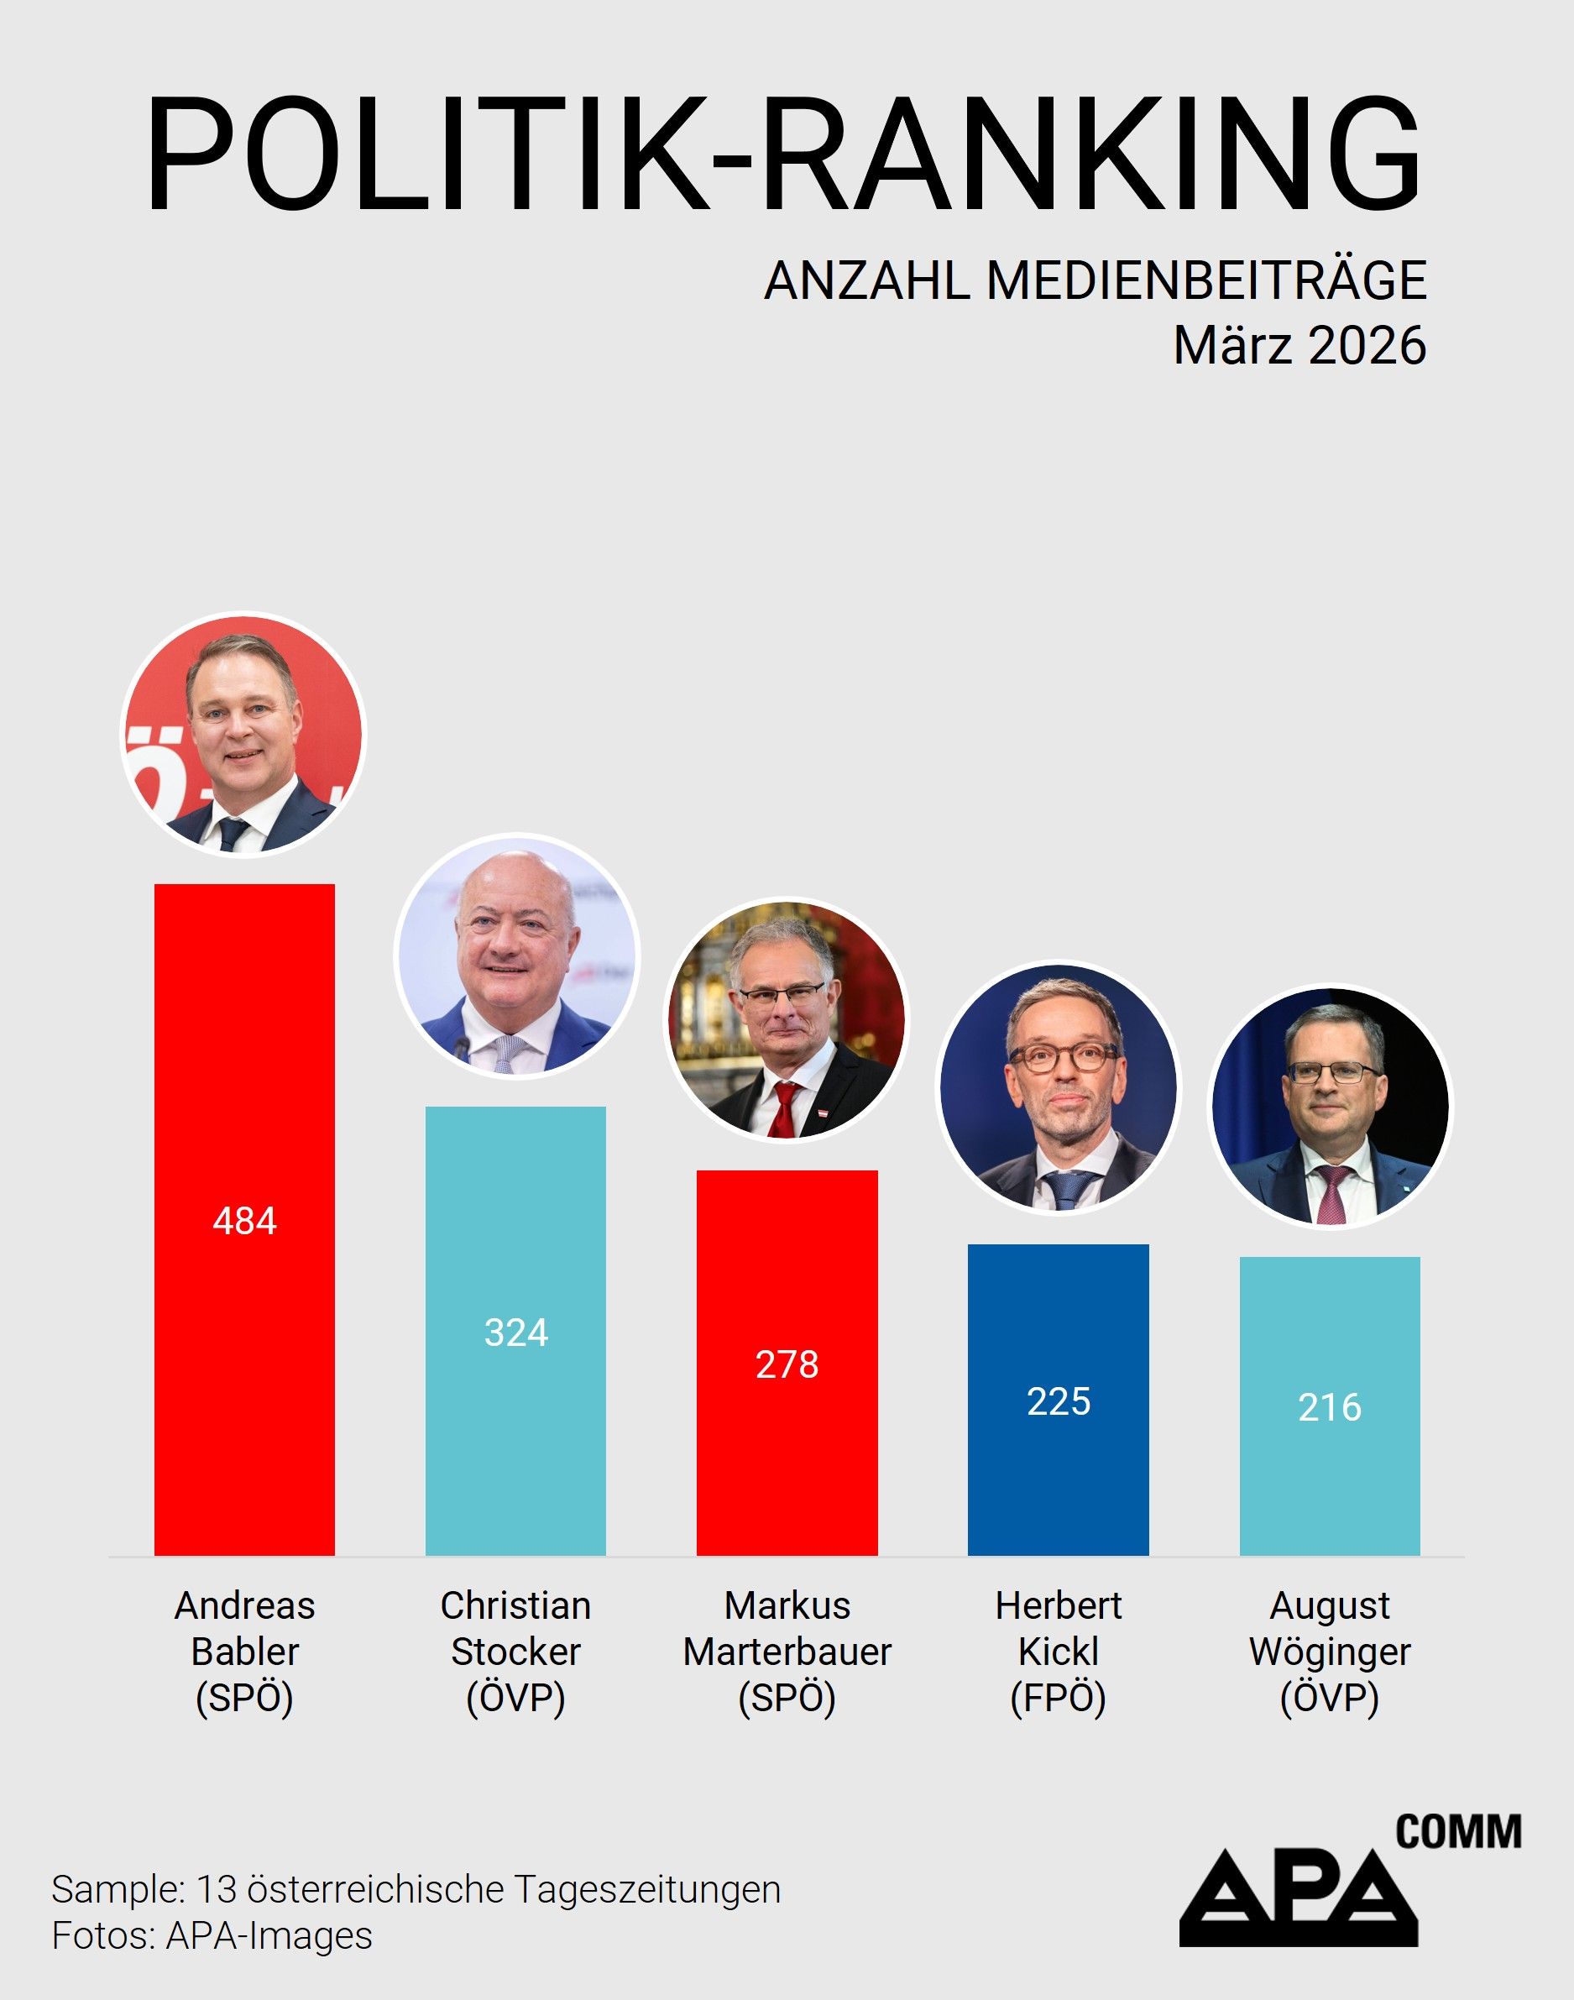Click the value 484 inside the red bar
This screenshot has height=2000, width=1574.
pos(244,1221)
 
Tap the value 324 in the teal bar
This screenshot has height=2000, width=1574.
pos(516,1332)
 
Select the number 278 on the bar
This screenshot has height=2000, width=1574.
pos(787,1365)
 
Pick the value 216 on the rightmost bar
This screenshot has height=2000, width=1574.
pos(1329,1407)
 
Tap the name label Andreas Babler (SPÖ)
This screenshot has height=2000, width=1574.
pos(244,1652)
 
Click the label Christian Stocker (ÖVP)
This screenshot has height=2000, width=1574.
pos(516,1652)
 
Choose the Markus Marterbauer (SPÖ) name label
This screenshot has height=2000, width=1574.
pos(787,1652)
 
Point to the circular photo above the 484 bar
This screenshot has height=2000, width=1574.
pos(244,736)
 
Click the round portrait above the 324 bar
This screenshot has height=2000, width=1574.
pos(516,955)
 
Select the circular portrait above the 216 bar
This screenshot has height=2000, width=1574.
pos(1329,1106)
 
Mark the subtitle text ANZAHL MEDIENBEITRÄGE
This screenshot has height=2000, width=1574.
pos(1095,280)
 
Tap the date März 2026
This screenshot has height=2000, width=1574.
pos(1299,347)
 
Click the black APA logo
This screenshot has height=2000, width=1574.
pos(1299,1898)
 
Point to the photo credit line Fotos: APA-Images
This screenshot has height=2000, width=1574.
pos(212,1935)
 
